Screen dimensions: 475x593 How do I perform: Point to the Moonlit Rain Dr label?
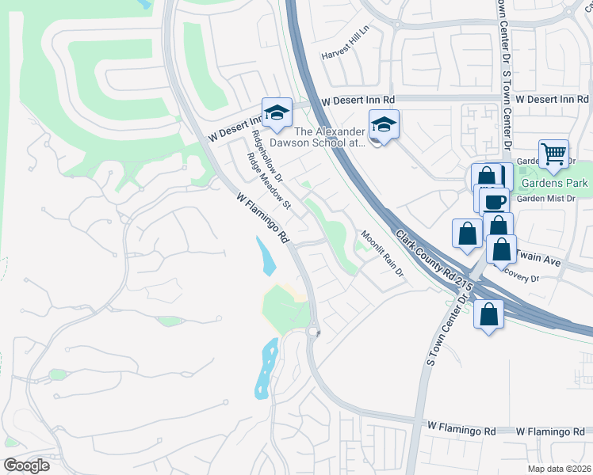(x=382, y=253)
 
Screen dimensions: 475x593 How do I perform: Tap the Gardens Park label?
(x=555, y=184)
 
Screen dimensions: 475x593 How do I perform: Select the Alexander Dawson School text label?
(x=329, y=138)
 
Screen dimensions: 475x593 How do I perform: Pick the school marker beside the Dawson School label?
(x=384, y=125)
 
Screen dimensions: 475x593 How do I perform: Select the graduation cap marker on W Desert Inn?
(x=277, y=112)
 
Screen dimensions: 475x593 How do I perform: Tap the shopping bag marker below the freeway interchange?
(x=488, y=313)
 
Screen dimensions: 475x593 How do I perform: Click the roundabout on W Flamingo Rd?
(x=313, y=332)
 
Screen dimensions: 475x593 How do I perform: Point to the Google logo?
(x=26, y=465)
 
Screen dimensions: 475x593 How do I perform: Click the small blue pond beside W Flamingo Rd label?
(x=266, y=253)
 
